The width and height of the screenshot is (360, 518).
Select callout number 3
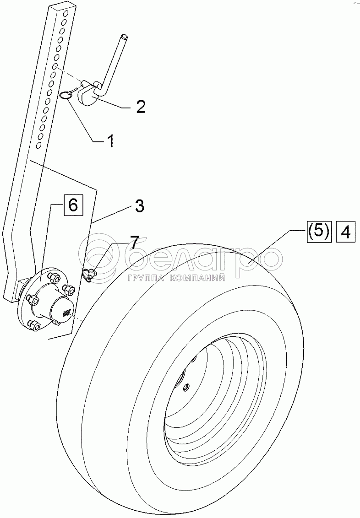click(139, 206)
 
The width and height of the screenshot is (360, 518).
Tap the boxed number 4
click(345, 232)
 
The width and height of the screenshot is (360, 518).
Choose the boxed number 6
click(73, 205)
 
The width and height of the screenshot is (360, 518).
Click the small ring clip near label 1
click(66, 95)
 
